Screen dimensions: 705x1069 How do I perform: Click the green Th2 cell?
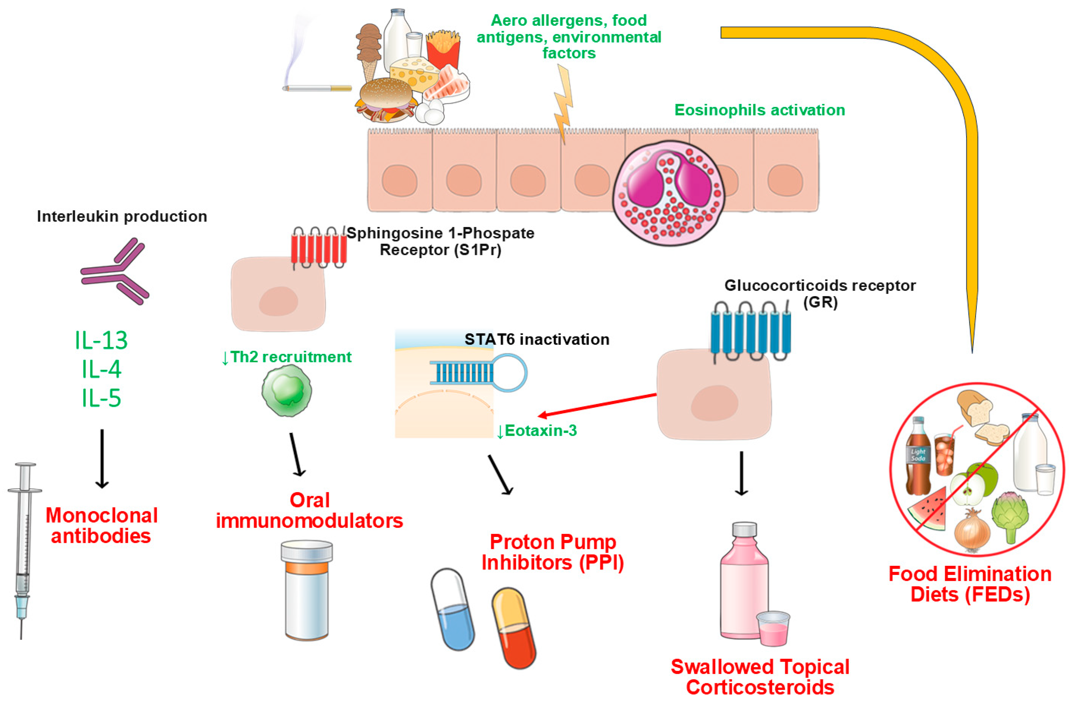pyautogui.click(x=287, y=390)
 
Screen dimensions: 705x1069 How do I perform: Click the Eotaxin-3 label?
pyautogui.click(x=537, y=431)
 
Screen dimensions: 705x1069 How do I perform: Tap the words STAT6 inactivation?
pyautogui.click(x=537, y=339)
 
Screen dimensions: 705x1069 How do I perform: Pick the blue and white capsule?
pyautogui.click(x=453, y=609)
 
